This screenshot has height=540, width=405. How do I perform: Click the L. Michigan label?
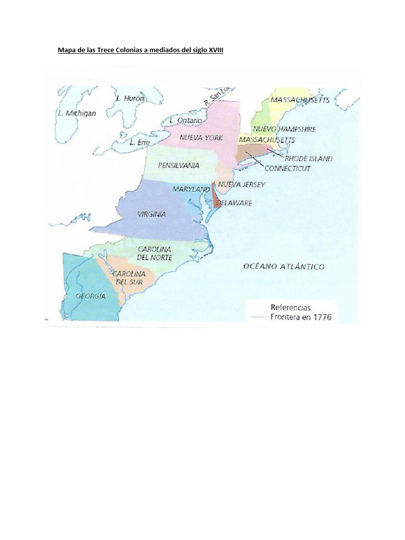(77, 113)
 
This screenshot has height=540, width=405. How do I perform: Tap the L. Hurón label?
(130, 99)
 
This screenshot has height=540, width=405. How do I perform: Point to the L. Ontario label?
(182, 121)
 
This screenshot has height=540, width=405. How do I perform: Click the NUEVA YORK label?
(201, 138)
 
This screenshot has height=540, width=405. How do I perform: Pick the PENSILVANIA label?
(179, 165)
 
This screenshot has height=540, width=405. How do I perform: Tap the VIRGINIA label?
(151, 214)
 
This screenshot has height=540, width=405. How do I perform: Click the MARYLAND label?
(190, 188)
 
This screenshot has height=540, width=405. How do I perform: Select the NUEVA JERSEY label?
(241, 185)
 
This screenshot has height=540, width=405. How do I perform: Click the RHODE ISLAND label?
(308, 158)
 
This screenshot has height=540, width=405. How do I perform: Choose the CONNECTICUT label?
(287, 169)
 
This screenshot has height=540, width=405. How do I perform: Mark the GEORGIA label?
(91, 296)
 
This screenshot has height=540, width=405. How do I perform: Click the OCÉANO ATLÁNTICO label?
(284, 266)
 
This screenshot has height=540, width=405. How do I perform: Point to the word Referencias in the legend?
(291, 307)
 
